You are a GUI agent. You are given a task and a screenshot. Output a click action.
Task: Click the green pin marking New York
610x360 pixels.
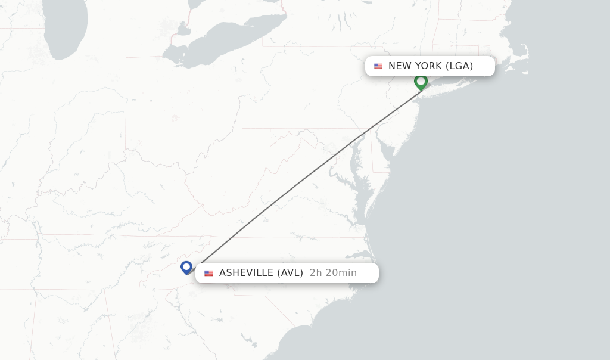click(421, 82)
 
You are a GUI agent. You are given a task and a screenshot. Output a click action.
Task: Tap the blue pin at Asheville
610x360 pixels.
click(186, 268)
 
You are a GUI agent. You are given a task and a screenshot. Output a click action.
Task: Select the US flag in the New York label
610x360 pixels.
click(378, 66)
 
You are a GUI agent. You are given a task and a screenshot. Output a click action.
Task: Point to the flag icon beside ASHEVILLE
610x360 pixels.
click(208, 274)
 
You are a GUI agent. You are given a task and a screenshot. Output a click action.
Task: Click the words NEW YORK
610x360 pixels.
click(415, 66)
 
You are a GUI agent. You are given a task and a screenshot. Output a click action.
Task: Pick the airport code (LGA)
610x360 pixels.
click(459, 66)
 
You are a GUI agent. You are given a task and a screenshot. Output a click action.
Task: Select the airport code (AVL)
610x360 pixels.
click(290, 273)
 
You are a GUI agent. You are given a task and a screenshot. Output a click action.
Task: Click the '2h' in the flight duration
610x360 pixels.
click(316, 273)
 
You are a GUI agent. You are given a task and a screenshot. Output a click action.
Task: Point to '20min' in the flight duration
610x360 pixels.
click(341, 273)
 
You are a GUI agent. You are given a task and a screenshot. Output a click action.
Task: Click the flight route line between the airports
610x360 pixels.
click(304, 179)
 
